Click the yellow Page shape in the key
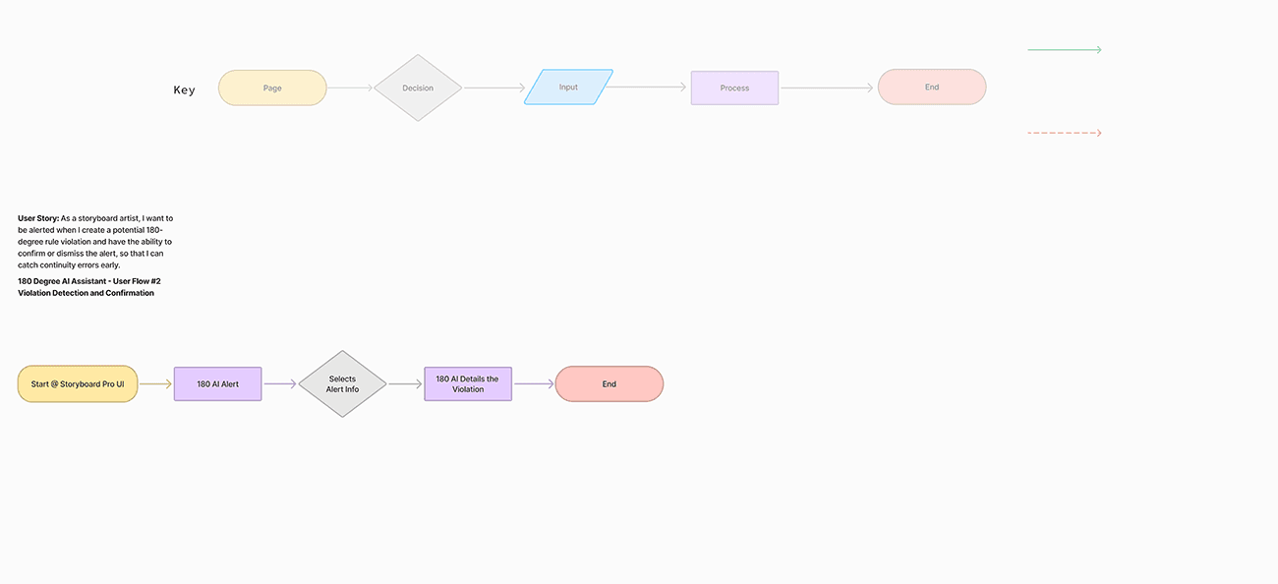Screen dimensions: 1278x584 [272, 88]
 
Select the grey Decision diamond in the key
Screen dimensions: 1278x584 [418, 88]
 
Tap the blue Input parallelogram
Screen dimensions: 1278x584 [568, 88]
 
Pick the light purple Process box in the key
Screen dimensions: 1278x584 [734, 88]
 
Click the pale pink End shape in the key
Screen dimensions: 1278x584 [932, 88]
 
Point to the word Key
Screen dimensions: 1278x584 [185, 90]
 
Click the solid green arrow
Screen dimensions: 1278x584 [1064, 49]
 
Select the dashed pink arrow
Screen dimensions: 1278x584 [1064, 133]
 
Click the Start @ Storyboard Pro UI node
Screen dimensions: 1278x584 [78, 383]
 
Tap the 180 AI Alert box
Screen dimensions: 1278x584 [217, 383]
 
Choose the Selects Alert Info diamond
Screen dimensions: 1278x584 [342, 383]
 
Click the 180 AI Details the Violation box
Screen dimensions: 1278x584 [468, 383]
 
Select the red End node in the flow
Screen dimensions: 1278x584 [610, 383]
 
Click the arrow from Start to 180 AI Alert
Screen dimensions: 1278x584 [155, 383]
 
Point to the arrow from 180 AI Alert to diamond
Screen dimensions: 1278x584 [279, 383]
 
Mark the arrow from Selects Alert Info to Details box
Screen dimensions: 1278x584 [405, 383]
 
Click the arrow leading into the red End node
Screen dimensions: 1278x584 [534, 383]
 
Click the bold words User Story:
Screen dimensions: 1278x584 [38, 218]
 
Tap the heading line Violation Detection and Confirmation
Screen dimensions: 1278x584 [86, 293]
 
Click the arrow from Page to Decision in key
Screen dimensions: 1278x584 [350, 88]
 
